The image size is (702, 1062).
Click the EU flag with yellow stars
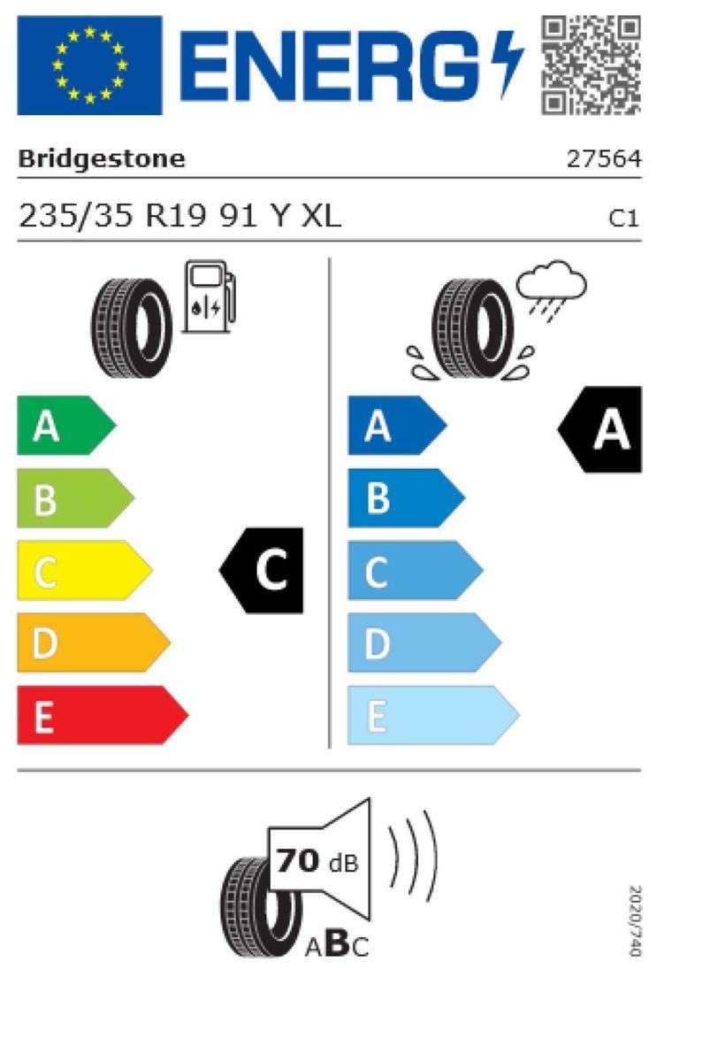[x=89, y=65]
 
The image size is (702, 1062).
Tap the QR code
[x=591, y=65]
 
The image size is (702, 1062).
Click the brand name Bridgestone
[x=102, y=159]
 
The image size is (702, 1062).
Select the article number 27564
[x=604, y=159]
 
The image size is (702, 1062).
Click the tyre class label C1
[x=624, y=218]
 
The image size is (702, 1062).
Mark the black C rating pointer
[x=263, y=571]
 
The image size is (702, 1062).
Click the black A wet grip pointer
[x=601, y=430]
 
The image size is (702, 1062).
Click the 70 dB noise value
[x=317, y=861]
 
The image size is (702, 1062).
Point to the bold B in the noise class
[x=337, y=945]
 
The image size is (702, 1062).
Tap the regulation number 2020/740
[x=634, y=920]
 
